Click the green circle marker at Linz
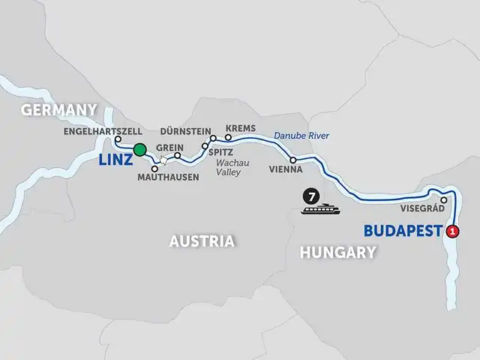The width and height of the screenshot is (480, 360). point(139,150)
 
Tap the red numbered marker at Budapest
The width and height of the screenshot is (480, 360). point(451,232)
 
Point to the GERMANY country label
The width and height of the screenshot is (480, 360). point(59,110)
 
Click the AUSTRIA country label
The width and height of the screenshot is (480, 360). point(202,241)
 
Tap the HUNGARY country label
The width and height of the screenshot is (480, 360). point(337,253)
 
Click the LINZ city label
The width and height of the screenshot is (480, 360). point(115,160)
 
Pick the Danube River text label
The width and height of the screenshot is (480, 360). point(301,136)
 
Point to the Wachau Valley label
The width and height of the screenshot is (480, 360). point(232,166)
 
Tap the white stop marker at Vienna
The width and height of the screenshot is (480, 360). point(292,160)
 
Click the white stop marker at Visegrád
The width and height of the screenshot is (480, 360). point(444,200)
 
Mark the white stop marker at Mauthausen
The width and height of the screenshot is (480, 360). point(154,168)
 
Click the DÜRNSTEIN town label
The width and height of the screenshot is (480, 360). point(185,130)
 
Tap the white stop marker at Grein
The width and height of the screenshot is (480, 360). point(178,156)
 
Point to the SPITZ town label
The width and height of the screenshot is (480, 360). point(211,151)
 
